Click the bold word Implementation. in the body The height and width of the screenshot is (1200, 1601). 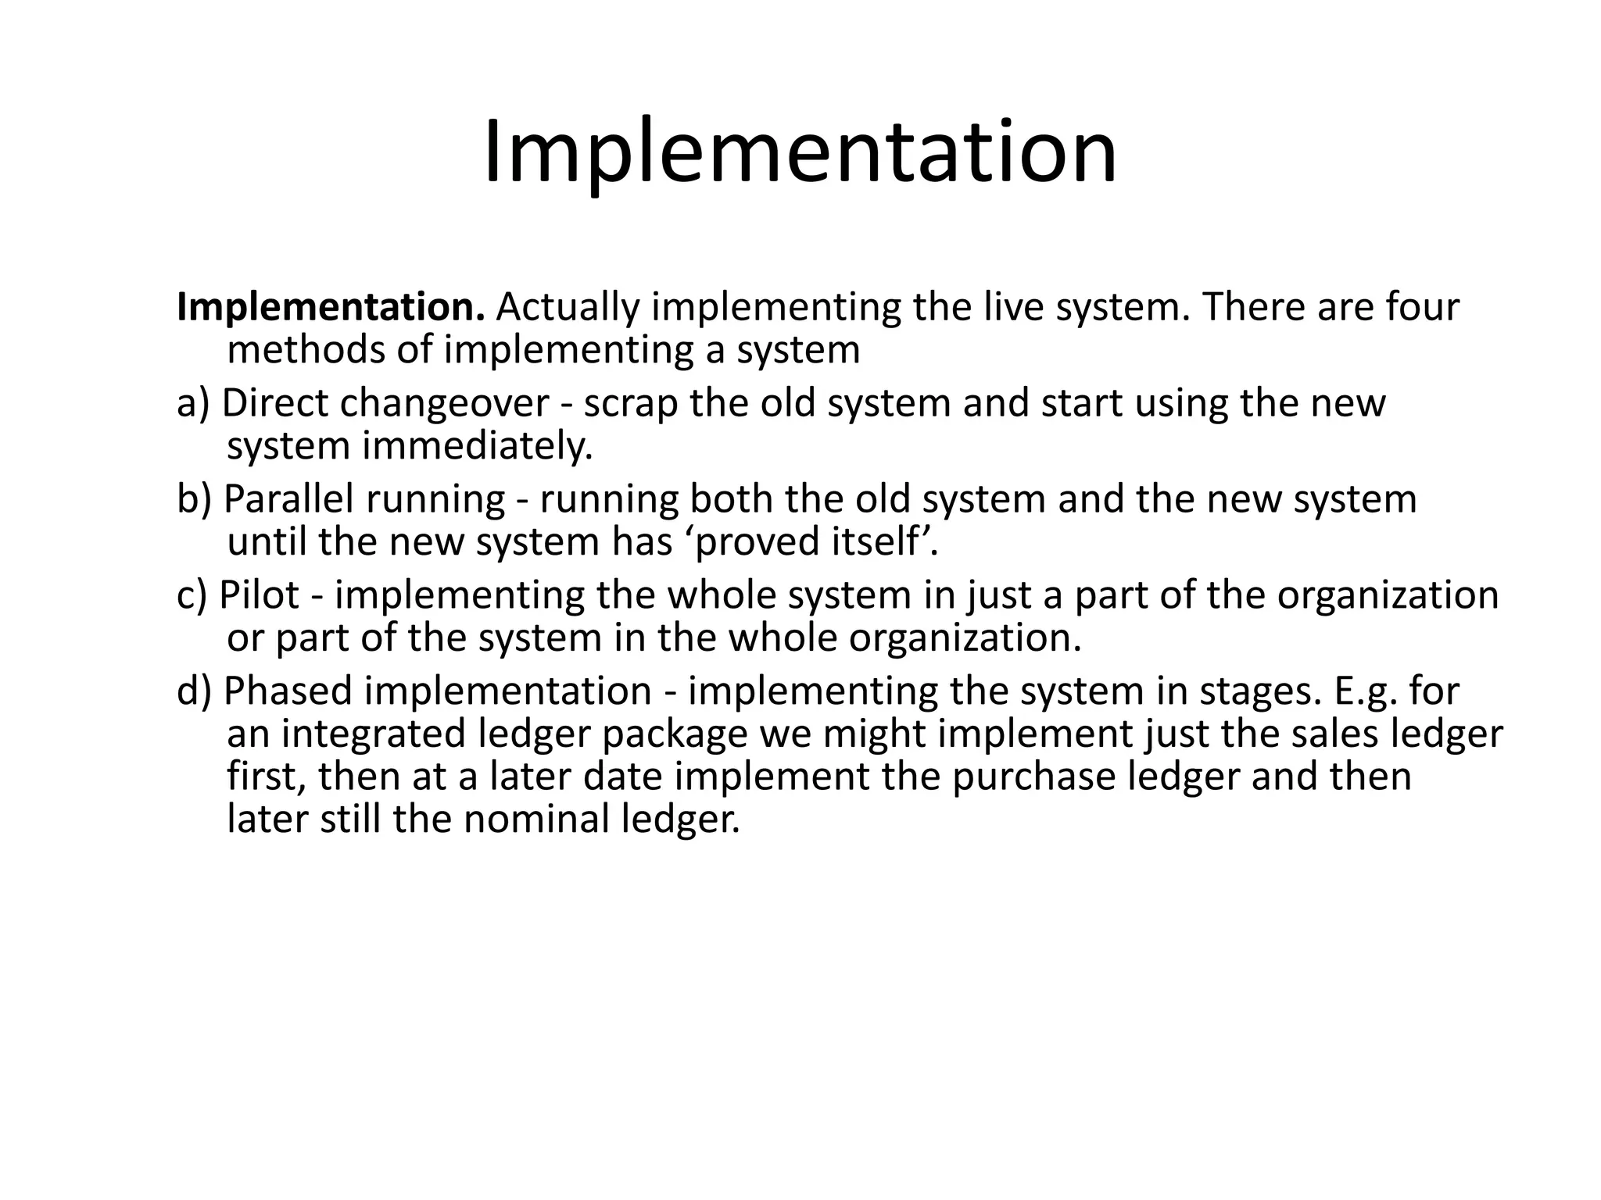(x=331, y=308)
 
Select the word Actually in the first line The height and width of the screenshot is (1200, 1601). (x=568, y=308)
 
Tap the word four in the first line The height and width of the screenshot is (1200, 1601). (x=1422, y=308)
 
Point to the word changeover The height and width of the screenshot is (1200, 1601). (x=444, y=404)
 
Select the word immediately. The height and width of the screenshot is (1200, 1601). (x=477, y=446)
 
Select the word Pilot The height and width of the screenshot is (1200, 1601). (x=260, y=595)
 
